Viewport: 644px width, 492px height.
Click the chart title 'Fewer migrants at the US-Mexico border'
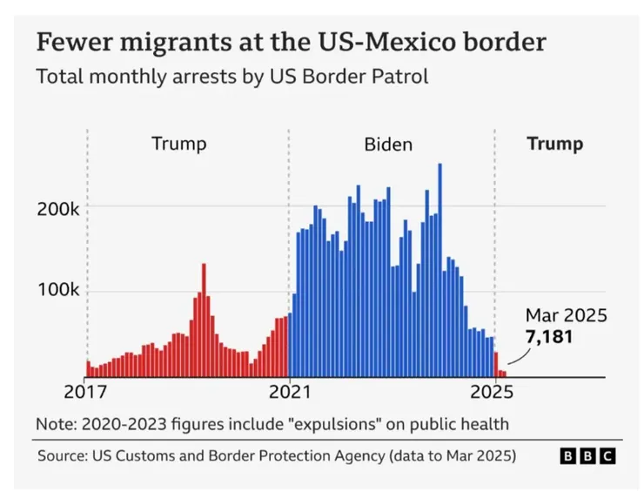click(x=291, y=42)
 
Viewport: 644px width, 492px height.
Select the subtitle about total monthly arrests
click(x=232, y=77)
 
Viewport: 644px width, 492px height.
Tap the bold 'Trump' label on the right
click(x=555, y=144)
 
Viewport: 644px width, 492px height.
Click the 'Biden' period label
click(x=388, y=144)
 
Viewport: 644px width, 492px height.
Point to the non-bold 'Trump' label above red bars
click(x=179, y=144)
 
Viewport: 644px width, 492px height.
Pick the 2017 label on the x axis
click(x=86, y=391)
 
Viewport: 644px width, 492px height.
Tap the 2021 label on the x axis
click(x=289, y=391)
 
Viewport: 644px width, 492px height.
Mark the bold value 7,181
click(x=548, y=335)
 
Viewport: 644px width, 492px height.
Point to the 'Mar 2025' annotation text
click(x=566, y=315)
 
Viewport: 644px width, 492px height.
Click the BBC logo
click(x=587, y=455)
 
